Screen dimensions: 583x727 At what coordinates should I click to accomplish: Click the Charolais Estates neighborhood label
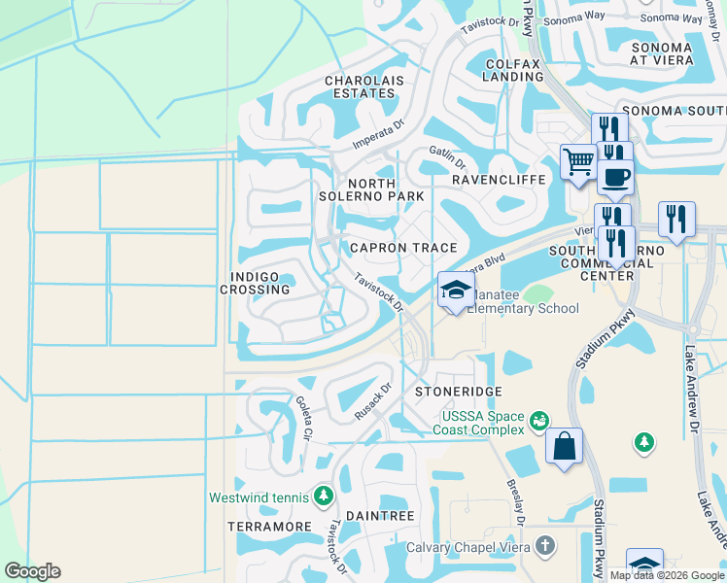click(x=361, y=86)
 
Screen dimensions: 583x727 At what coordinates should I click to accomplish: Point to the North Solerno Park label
click(x=372, y=189)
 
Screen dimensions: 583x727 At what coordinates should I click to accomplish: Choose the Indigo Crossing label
click(x=255, y=283)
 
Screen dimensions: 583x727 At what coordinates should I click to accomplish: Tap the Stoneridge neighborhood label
click(x=459, y=391)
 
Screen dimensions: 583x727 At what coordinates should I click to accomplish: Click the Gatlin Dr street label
click(x=448, y=156)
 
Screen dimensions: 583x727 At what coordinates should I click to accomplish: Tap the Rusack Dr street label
click(x=372, y=400)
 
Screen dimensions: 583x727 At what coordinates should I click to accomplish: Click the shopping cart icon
click(x=578, y=161)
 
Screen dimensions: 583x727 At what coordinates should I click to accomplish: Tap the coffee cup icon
click(x=616, y=179)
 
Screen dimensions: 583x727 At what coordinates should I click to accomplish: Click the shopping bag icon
click(x=564, y=447)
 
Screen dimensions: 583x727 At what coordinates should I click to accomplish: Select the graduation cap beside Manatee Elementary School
click(x=455, y=290)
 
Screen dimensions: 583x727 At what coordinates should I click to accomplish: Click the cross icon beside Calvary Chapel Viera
click(x=545, y=546)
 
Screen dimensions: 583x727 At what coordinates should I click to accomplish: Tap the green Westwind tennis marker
click(x=324, y=497)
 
